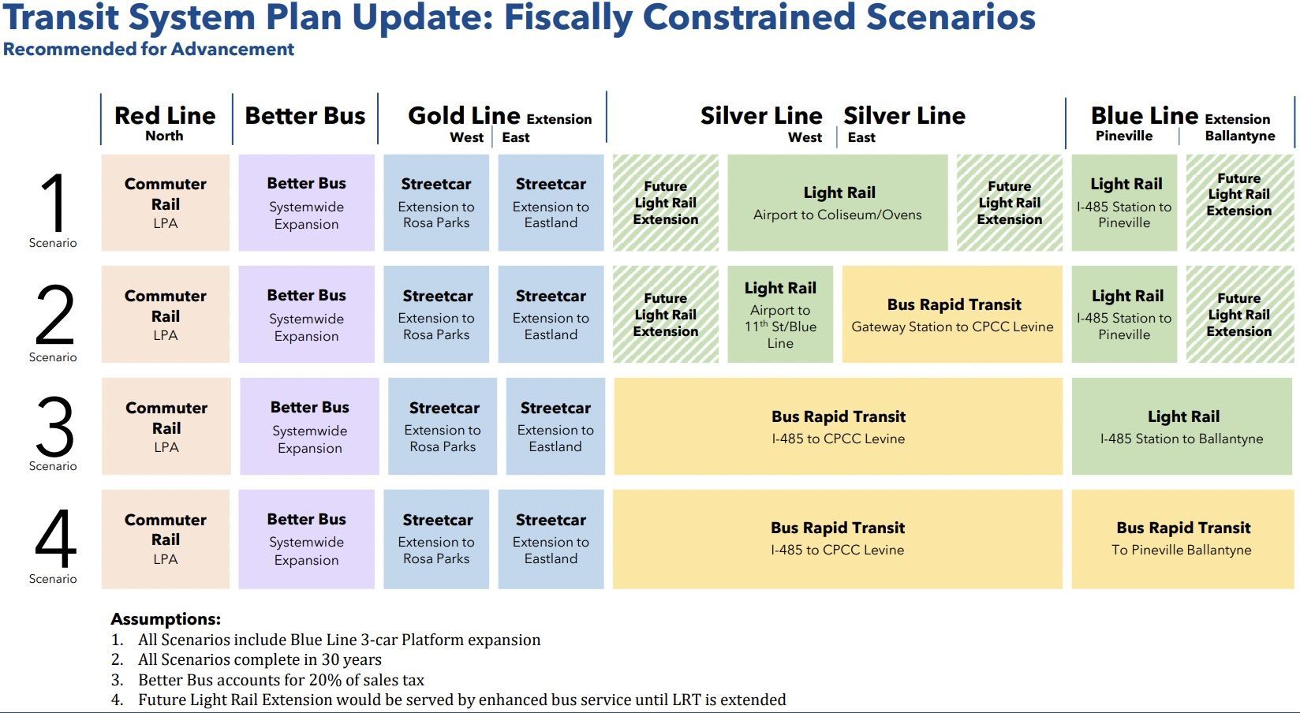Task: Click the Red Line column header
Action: point(165,117)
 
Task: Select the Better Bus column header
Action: point(305,116)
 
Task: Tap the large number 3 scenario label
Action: point(54,427)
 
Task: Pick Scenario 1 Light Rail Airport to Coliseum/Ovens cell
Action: point(837,203)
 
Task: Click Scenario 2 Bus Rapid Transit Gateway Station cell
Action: point(952,315)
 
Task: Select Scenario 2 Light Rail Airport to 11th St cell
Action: point(779,315)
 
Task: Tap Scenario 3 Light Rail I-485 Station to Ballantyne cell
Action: point(1182,427)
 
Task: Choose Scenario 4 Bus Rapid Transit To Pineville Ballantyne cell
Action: point(1182,539)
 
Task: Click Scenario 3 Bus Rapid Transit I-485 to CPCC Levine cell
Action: point(838,427)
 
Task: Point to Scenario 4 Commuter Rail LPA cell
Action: point(165,539)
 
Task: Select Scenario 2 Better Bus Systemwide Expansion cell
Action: point(306,315)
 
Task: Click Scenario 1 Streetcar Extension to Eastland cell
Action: point(551,203)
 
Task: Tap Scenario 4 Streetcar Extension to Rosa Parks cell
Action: point(436,539)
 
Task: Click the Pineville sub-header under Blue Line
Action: point(1123,136)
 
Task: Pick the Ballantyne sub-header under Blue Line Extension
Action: point(1239,136)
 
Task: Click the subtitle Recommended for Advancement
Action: point(148,49)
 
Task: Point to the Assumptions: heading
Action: point(166,619)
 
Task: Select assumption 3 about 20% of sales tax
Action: point(281,680)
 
